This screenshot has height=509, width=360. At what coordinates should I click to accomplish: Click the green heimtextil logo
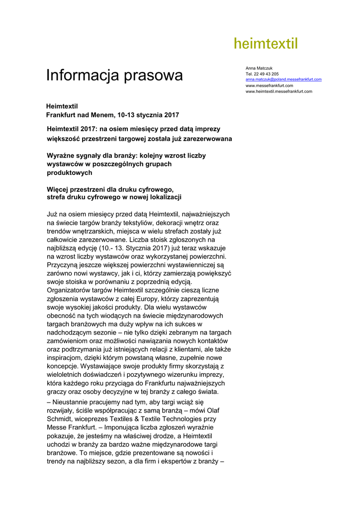point(266,44)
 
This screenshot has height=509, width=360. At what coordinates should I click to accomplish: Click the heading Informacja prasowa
point(114,76)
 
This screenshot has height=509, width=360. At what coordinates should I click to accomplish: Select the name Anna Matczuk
point(259,68)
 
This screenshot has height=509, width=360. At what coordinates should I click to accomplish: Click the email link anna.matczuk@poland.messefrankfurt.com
point(283,80)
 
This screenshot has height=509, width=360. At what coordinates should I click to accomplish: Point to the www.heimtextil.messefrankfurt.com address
point(279,91)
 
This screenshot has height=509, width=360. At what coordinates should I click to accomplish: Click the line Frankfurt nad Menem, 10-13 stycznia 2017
point(112,115)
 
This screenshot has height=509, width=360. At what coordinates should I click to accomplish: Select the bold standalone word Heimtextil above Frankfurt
point(62,106)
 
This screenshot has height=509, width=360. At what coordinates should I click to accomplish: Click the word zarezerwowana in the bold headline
point(207,139)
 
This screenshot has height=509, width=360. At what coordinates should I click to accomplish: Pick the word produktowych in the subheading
point(69,172)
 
